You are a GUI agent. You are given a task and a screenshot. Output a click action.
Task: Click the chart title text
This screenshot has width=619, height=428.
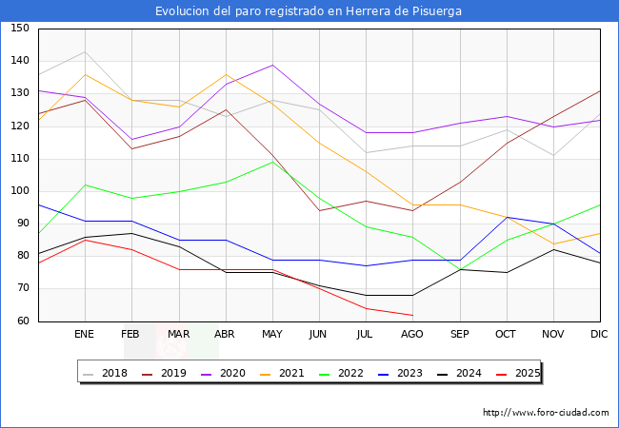(309, 10)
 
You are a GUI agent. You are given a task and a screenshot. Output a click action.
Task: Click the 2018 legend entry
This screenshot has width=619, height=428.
(107, 373)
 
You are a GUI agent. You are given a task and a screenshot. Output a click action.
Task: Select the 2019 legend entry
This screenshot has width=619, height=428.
(164, 373)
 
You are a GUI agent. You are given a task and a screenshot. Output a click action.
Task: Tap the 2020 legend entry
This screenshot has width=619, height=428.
(222, 373)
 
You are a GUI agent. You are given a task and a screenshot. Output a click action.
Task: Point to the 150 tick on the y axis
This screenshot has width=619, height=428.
(20, 29)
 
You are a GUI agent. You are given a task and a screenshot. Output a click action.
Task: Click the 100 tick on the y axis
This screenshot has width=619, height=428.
(20, 191)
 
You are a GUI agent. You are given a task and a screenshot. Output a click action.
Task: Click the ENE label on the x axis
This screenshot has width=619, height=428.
(85, 335)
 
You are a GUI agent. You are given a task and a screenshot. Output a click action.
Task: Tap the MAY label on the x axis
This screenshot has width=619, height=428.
(272, 335)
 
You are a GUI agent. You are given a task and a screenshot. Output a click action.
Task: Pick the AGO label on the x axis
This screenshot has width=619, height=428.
(412, 335)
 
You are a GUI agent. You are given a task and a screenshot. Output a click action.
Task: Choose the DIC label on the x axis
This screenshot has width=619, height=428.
(599, 335)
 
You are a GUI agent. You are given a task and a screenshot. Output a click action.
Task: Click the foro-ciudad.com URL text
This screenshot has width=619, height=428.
(546, 413)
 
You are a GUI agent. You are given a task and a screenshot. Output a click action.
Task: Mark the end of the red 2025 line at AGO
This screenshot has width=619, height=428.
(412, 315)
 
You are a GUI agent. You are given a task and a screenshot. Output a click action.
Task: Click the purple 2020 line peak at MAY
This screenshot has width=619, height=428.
(272, 65)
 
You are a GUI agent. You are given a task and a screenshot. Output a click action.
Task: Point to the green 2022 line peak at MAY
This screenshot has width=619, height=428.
(272, 162)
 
